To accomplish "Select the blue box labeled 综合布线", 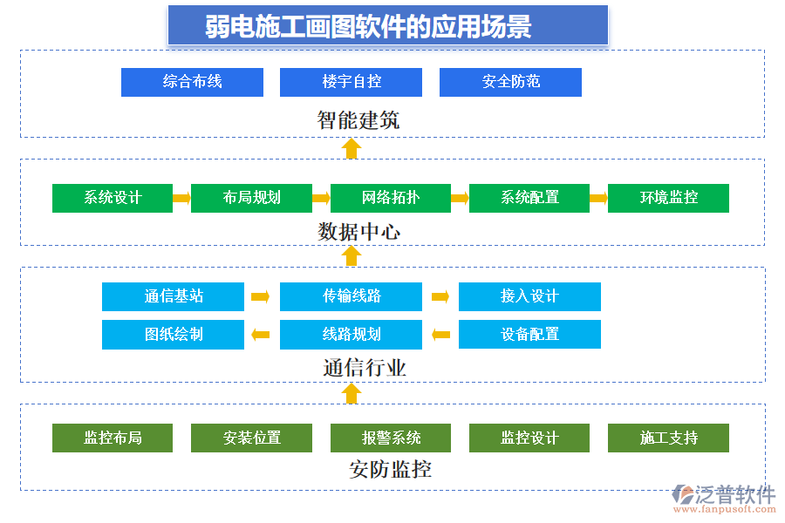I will point(192,82).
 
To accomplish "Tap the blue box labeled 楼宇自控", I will point(351,82).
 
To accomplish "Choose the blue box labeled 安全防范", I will point(510,82).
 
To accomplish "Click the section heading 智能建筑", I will point(358,119).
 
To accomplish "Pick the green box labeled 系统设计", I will point(113,198).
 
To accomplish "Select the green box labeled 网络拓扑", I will point(390,198).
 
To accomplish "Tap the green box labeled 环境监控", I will point(668,198).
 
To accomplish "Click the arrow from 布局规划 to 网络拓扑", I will point(321,198).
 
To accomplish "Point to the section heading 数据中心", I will point(358,232).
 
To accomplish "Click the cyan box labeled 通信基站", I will point(173,296).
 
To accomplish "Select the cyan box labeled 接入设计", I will point(529,296).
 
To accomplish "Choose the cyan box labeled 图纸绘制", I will point(173,334).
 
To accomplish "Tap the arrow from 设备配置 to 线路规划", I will point(440,334).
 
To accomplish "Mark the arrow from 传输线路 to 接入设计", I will point(440,296).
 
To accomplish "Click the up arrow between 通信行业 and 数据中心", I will point(352,255).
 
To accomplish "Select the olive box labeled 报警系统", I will point(390,438).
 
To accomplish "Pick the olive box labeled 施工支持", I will point(668,438).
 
